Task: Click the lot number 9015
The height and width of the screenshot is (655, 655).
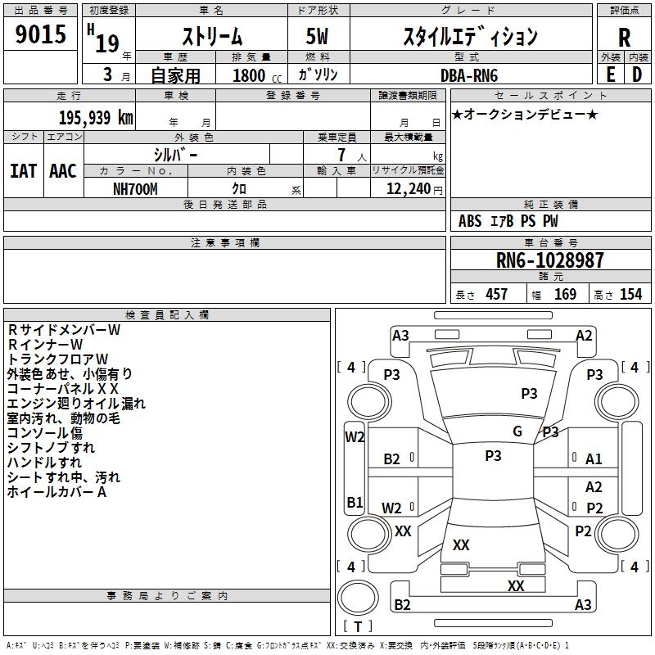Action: click(41, 35)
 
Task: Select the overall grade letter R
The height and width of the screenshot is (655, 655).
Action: click(624, 38)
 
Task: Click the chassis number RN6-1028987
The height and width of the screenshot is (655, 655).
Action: click(549, 260)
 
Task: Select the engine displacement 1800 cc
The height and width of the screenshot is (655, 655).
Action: click(250, 75)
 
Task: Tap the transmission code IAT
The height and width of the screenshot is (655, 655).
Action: click(23, 171)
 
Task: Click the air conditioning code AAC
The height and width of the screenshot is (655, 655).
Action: click(63, 171)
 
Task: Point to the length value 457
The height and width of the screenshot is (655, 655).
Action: click(496, 295)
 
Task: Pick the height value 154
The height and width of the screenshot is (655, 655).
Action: click(630, 295)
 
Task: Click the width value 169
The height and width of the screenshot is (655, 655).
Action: click(565, 295)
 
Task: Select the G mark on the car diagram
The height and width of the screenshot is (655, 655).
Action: click(517, 431)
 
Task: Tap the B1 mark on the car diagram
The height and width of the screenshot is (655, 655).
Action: click(355, 502)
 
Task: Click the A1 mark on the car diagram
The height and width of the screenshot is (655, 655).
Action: click(594, 459)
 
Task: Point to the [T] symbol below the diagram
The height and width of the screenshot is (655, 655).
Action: click(358, 626)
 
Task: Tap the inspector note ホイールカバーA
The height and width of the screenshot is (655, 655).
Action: click(57, 492)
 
